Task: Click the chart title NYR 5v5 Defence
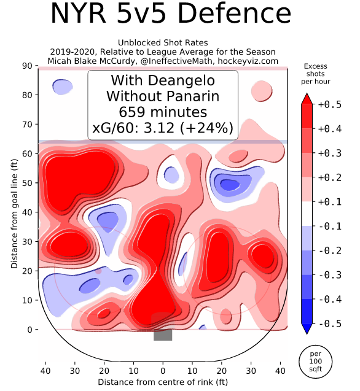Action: [170, 15]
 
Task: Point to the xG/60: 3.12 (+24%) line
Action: [163, 128]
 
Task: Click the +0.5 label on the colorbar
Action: [329, 105]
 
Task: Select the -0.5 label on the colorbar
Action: [329, 323]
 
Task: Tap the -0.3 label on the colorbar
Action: [329, 279]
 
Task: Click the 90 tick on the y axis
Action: [28, 66]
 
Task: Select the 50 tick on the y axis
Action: [28, 183]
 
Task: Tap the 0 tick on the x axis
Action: [163, 371]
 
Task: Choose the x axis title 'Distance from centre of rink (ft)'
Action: [163, 382]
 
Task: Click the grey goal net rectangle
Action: [163, 335]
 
